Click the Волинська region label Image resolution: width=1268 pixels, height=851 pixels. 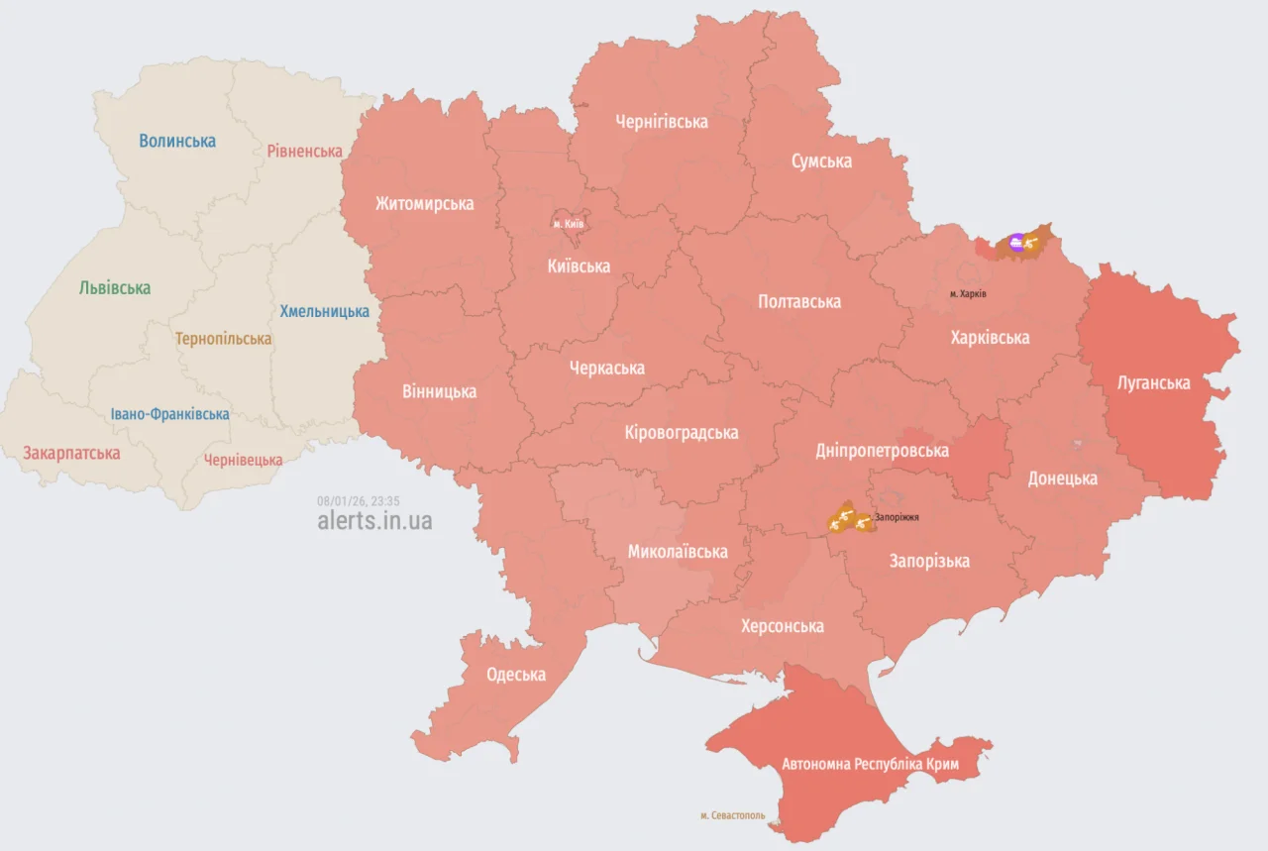pos(177,141)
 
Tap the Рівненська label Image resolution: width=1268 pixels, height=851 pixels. pos(304,152)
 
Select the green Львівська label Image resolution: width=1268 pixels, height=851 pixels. pos(115,288)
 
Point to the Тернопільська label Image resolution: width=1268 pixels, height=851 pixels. pos(223,339)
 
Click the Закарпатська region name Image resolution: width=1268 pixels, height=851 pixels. pos(71,453)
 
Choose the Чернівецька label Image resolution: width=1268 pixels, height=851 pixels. pos(243,460)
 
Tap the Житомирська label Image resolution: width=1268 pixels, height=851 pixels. pos(424,204)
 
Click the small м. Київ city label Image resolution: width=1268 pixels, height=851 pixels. pos(569,224)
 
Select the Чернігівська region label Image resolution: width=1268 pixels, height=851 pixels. pos(662,122)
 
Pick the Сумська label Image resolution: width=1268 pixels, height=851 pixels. pos(821,161)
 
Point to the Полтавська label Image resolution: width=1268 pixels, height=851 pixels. pos(799,301)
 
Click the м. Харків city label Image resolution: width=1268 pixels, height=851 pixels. pos(968,294)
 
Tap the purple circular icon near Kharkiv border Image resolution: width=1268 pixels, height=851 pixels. pos(1016,242)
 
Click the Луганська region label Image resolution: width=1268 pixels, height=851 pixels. pos(1153,382)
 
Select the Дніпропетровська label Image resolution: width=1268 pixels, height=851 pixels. pos(882,451)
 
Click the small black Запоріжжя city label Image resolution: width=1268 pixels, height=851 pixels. pos(897,517)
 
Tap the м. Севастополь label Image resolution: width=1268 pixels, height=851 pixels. pos(732,815)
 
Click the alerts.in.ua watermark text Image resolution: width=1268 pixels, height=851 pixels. pos(374,521)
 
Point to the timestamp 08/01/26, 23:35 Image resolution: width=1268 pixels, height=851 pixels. pos(359,501)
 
